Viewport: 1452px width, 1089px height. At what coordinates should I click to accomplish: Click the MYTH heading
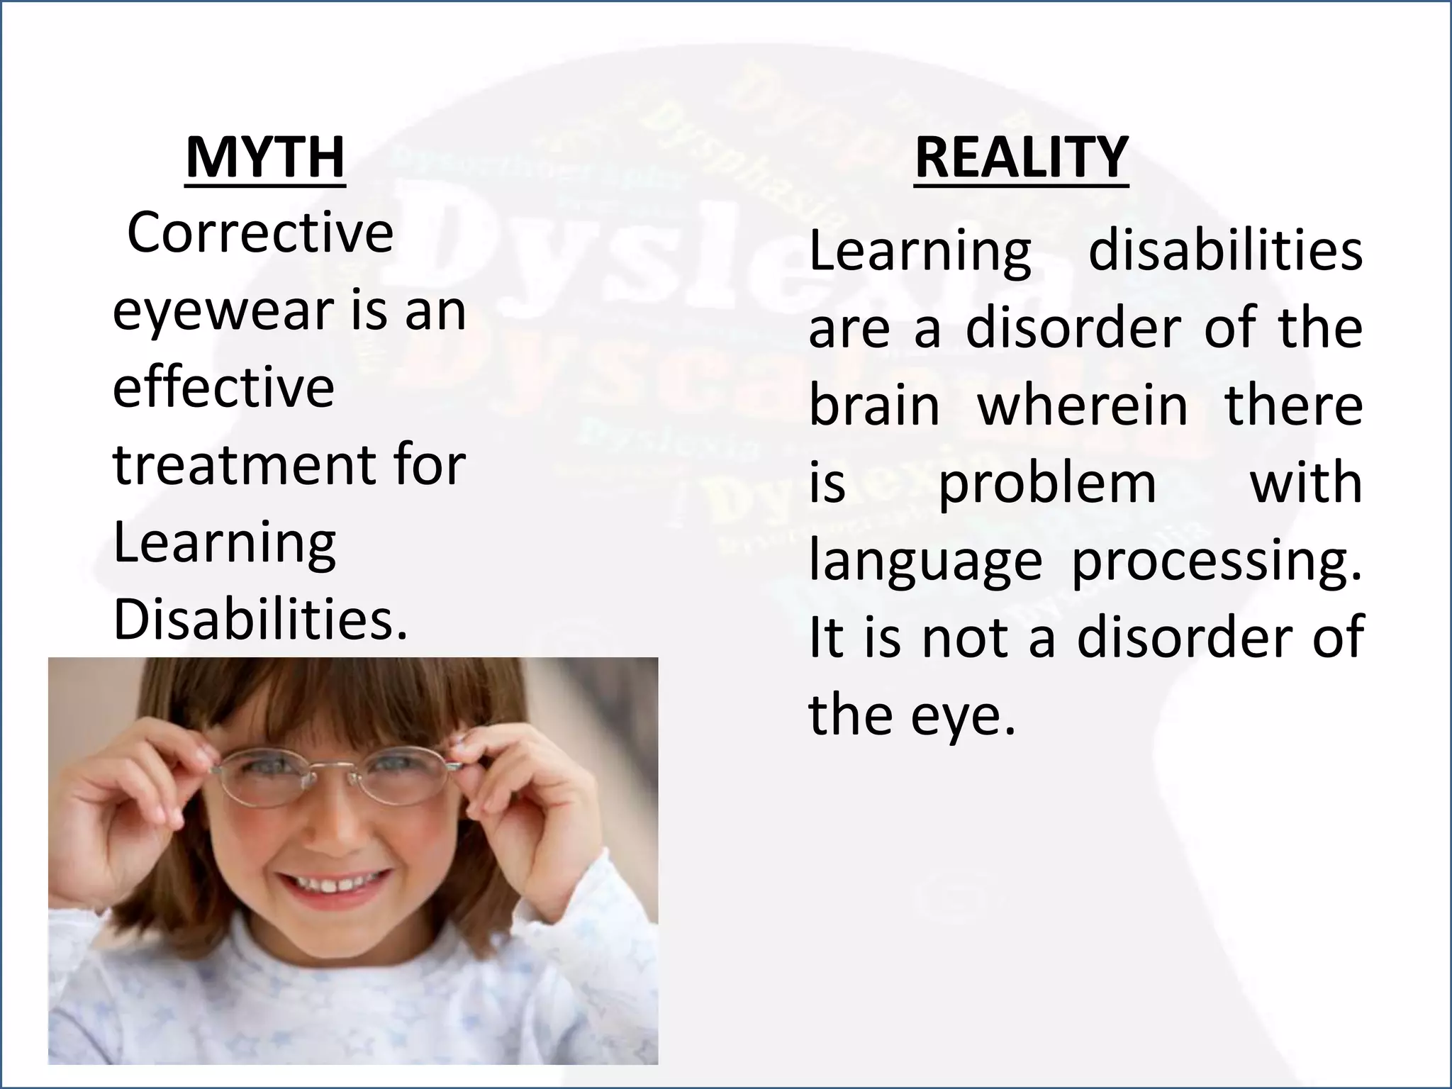264,157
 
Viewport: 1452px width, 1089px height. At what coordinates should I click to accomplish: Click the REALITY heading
1021,157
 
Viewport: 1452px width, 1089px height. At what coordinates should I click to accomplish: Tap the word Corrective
259,233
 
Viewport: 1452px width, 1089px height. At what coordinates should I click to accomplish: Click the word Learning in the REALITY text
920,252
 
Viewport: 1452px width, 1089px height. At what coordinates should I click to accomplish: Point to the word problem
1047,484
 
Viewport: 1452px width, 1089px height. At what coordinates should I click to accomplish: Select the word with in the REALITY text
1305,484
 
